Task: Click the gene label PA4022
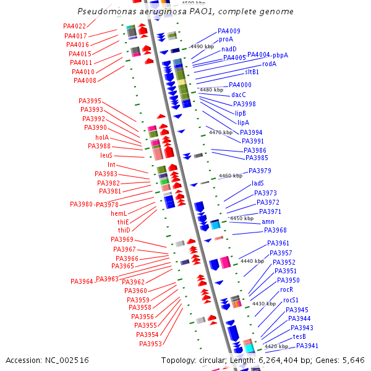click(x=74, y=26)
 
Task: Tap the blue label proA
click(x=226, y=39)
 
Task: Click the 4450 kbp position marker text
click(x=242, y=218)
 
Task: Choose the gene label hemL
click(x=119, y=213)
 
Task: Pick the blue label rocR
click(x=286, y=289)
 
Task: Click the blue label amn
click(x=268, y=221)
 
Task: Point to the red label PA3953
click(x=150, y=344)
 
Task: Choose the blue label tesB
click(x=299, y=336)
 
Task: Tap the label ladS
click(x=258, y=184)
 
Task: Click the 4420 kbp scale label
click(x=276, y=347)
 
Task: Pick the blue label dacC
click(x=239, y=95)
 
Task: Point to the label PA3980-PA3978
click(x=94, y=204)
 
